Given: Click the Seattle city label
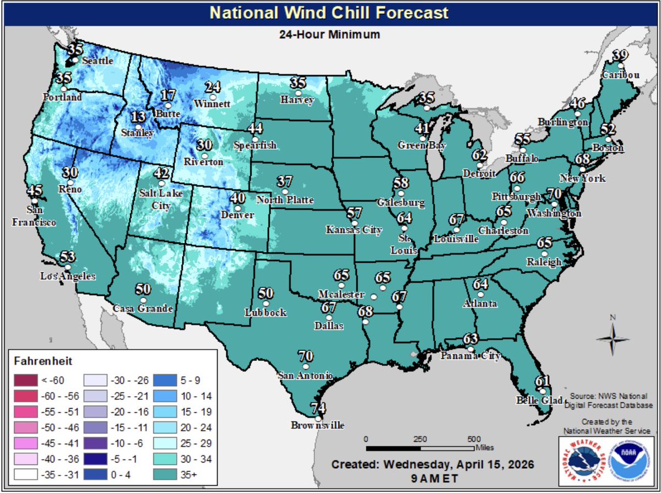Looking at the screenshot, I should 97,61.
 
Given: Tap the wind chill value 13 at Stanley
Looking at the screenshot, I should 139,117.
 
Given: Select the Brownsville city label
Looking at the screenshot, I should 318,425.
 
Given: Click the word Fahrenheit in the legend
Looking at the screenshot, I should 40,361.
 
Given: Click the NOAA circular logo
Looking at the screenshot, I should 629,460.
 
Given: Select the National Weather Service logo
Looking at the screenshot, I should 583,460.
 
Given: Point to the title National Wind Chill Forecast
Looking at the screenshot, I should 330,12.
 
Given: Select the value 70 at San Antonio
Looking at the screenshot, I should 305,355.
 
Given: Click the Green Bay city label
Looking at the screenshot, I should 421,145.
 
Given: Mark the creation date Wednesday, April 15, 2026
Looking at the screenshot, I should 432,464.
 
